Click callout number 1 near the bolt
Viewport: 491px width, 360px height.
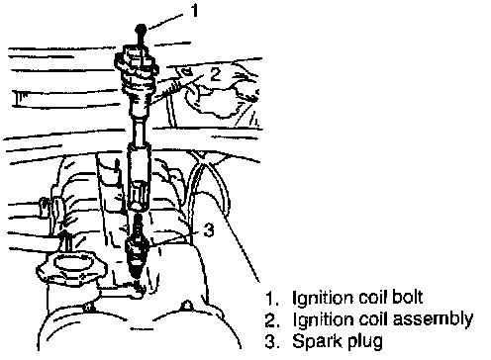click(x=195, y=11)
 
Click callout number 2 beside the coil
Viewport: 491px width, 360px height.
click(x=215, y=74)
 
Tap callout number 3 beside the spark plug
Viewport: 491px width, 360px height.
click(x=209, y=229)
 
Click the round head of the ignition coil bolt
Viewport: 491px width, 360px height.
click(x=142, y=29)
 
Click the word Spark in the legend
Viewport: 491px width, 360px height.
click(x=312, y=340)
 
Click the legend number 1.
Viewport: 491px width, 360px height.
click(x=271, y=298)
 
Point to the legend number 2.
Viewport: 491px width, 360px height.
click(x=272, y=319)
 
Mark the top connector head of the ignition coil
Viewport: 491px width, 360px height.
click(x=137, y=61)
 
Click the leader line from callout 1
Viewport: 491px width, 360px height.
click(x=164, y=22)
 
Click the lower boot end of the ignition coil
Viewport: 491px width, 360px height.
click(x=139, y=178)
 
